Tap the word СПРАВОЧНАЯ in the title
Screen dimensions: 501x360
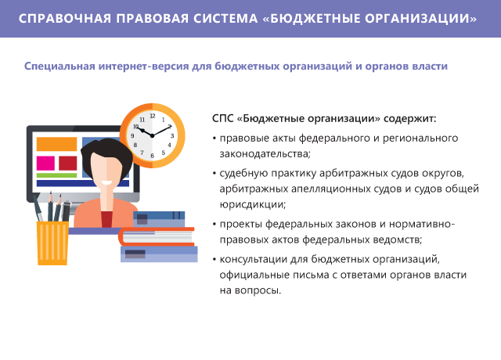tap(65, 19)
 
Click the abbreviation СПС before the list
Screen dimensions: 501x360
tap(222, 118)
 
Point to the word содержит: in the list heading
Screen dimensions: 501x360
tap(410, 119)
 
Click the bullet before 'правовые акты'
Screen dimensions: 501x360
tap(214, 139)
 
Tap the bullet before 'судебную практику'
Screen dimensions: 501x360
tap(214, 174)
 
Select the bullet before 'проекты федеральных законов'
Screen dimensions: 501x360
tap(214, 225)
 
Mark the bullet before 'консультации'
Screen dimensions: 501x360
tap(214, 259)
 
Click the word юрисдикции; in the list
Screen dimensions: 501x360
tap(252, 204)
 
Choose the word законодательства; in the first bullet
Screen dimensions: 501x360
tap(265, 154)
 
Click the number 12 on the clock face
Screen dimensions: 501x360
tap(153, 116)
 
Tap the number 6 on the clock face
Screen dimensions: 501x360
tap(152, 156)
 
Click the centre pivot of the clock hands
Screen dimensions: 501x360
tap(152, 135)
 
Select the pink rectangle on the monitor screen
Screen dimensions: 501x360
tap(45, 164)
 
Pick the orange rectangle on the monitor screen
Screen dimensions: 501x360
tap(56, 144)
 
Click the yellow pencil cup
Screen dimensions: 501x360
tap(52, 243)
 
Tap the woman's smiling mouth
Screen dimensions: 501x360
tap(106, 183)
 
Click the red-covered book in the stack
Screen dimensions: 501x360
tap(157, 236)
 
